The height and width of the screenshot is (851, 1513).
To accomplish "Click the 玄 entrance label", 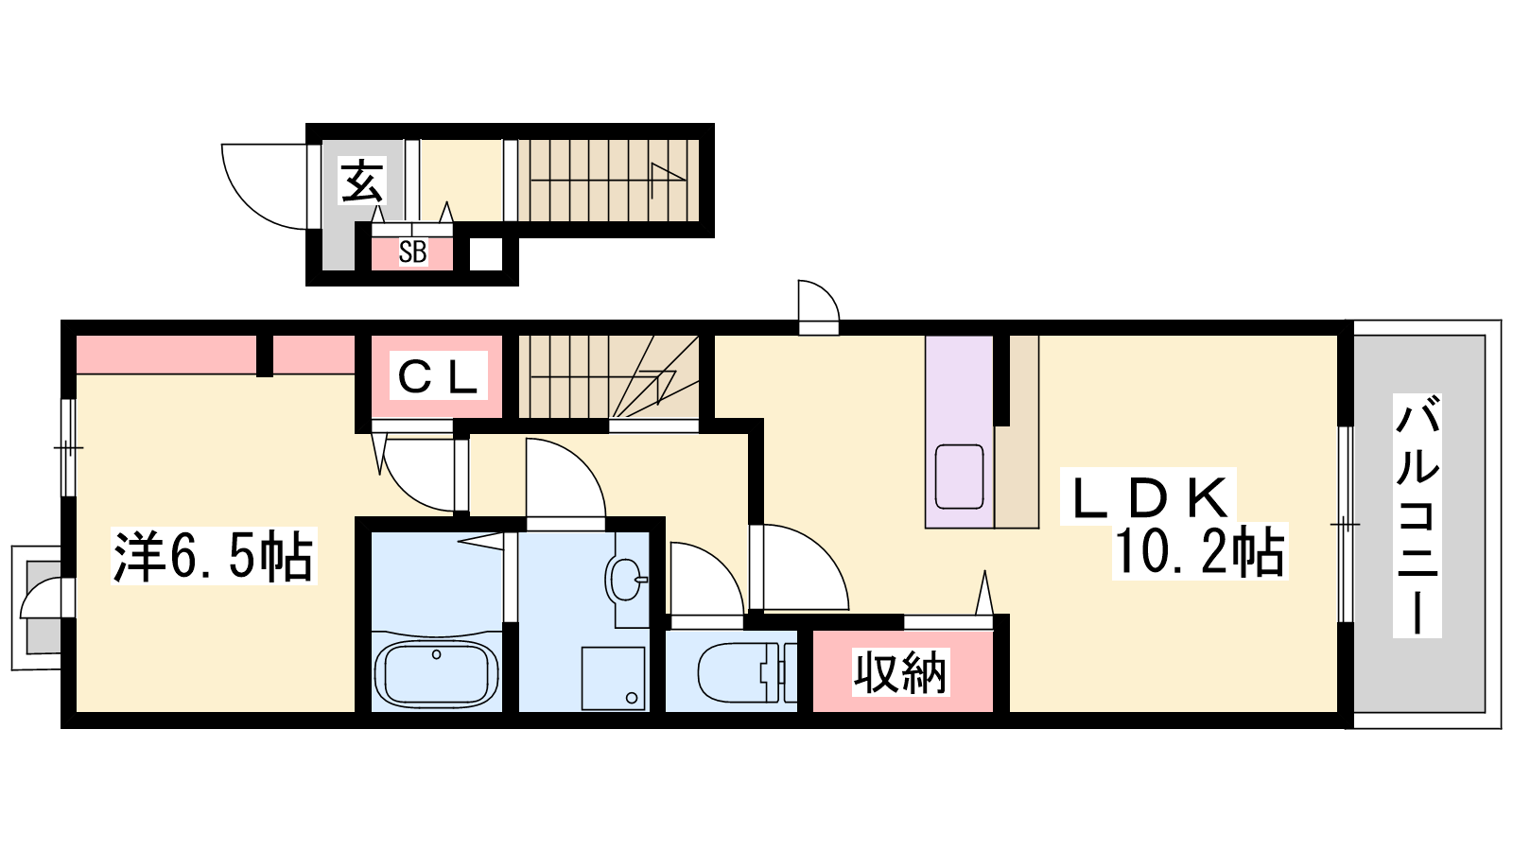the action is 363,181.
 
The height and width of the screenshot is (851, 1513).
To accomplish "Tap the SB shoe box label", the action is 412,252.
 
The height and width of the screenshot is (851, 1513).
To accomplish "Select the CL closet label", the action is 438,375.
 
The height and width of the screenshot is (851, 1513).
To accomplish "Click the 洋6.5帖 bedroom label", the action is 214,557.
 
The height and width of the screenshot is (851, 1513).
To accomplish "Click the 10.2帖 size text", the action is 1199,551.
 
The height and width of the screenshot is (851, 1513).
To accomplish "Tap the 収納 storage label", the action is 900,672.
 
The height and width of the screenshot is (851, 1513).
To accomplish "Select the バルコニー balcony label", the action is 1417,516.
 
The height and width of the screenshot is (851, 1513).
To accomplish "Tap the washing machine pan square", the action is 614,678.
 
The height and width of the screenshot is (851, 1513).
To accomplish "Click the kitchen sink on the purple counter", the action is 959,477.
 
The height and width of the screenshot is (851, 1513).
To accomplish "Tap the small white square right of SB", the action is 486,254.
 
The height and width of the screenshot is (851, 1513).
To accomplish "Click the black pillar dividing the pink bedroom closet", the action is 265,356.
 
